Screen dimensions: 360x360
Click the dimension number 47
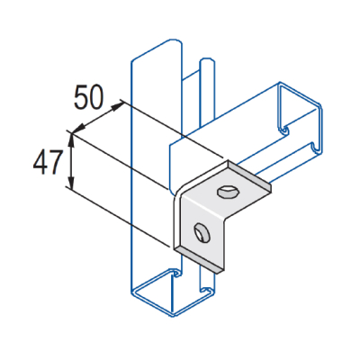(47, 162)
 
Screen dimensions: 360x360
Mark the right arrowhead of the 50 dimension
(121, 105)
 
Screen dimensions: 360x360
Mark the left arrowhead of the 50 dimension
(75, 132)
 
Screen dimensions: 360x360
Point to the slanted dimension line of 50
(97, 119)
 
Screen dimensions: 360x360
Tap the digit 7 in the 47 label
(56, 162)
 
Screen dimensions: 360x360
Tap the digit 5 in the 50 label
(82, 98)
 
